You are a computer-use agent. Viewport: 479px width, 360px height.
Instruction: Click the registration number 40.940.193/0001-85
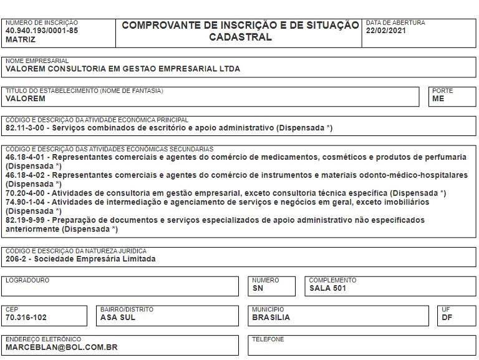(x=42, y=31)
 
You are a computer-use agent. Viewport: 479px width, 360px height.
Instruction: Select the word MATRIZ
(x=21, y=39)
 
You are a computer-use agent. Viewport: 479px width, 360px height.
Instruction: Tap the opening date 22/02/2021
(x=387, y=31)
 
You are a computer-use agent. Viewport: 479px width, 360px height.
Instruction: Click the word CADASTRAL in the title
(x=240, y=37)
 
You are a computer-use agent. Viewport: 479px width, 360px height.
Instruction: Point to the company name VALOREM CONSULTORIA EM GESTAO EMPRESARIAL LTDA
(x=122, y=69)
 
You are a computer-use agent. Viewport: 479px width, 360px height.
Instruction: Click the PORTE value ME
(x=438, y=99)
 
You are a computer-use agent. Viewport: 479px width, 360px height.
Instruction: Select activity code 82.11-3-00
(x=25, y=128)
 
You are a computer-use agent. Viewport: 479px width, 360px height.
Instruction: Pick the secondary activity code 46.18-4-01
(x=25, y=157)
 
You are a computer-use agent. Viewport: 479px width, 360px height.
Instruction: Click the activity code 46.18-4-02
(x=25, y=175)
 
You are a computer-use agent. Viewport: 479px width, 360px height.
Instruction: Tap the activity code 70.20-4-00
(x=25, y=193)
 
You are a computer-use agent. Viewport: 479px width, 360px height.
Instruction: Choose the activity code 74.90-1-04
(x=25, y=202)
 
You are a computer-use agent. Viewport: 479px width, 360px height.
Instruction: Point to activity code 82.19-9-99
(x=25, y=220)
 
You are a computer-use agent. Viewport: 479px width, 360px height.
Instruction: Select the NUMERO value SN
(x=258, y=288)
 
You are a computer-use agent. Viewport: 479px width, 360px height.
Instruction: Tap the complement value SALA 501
(x=327, y=288)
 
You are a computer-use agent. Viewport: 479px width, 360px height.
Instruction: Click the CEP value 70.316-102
(x=26, y=317)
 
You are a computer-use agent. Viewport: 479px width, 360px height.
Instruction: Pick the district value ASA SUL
(x=117, y=317)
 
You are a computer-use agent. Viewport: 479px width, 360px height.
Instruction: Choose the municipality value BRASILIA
(x=271, y=317)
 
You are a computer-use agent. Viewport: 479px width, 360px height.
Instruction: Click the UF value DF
(x=447, y=317)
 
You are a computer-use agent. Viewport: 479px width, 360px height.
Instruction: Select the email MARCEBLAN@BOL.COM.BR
(x=61, y=347)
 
